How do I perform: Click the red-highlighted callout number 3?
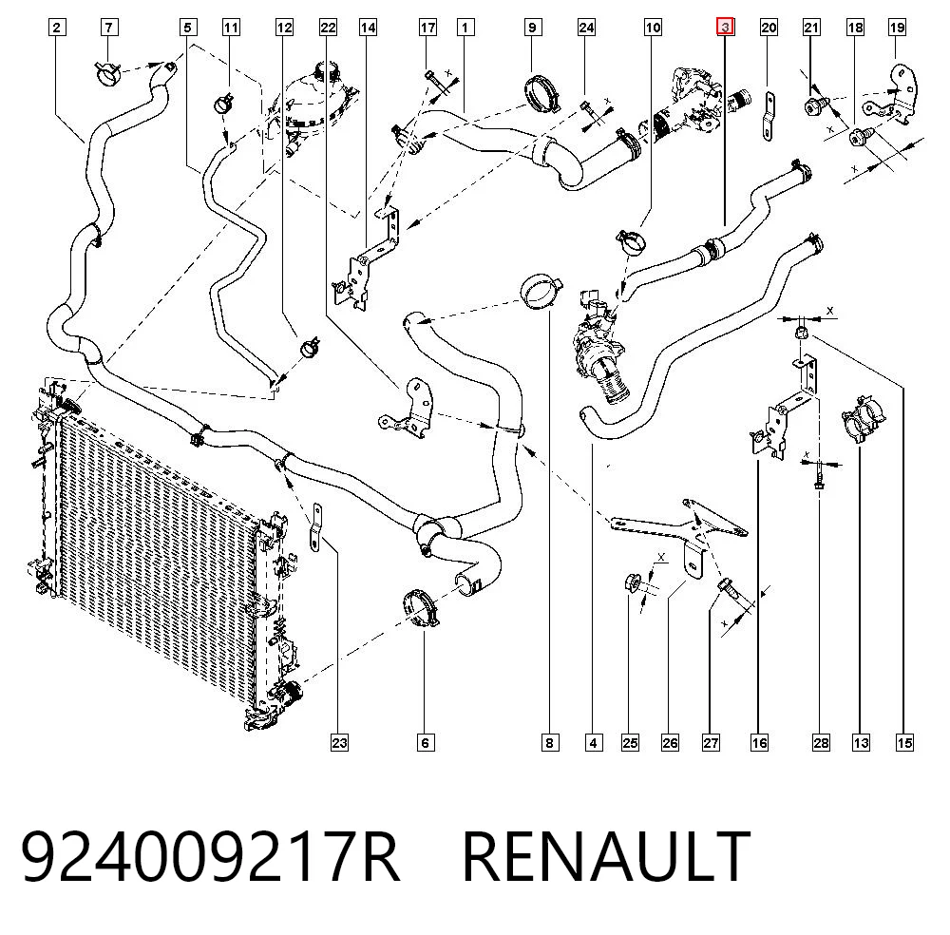coord(725,28)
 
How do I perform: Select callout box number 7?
coord(109,28)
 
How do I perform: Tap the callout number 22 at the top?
coord(328,28)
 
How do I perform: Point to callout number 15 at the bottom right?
coord(904,742)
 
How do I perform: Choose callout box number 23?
coord(339,742)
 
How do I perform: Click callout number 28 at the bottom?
coord(821,742)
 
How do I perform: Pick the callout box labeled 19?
coord(898,28)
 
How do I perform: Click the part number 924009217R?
coord(210,856)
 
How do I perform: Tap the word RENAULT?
coord(606,856)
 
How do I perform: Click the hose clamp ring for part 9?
coord(542,93)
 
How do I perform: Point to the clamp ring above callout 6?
coord(420,608)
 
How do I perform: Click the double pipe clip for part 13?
coord(863,418)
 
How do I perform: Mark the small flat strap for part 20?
coord(768,116)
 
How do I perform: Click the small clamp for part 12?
coord(311,347)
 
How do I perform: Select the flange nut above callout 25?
coord(632,583)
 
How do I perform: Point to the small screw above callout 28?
coord(819,473)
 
